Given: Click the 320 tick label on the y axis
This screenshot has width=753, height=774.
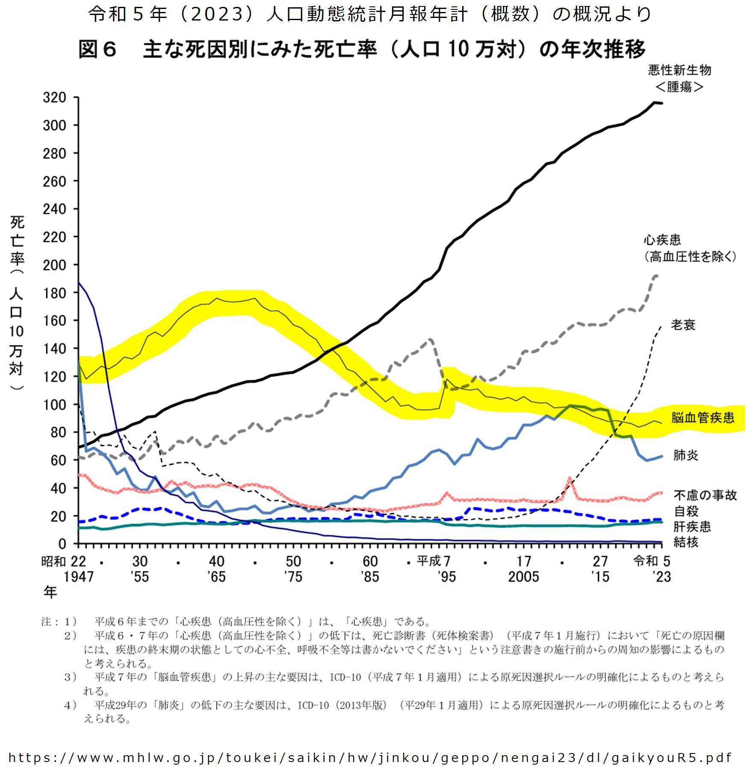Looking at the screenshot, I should point(54,97).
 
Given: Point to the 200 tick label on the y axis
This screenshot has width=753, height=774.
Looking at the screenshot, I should point(54,265).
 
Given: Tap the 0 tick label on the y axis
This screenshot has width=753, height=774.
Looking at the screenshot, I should point(62,544).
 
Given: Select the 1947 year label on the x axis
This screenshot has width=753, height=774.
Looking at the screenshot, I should point(79,576).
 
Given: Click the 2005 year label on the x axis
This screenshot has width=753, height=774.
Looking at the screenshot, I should point(523,576).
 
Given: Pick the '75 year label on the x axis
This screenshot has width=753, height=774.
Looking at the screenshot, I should point(293,576).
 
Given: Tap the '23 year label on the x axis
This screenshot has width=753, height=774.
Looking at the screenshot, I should point(661,576).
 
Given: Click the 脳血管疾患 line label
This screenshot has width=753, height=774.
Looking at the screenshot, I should point(703,417).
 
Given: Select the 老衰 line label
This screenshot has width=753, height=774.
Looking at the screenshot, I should point(683,325).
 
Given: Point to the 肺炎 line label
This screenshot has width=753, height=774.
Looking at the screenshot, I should point(685,455).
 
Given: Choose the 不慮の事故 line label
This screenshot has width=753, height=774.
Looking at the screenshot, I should point(705,495).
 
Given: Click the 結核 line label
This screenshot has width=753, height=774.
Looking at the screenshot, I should point(685,542).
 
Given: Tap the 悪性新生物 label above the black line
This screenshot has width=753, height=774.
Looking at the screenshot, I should point(679,70).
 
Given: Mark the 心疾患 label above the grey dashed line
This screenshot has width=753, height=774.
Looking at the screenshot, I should point(662,239).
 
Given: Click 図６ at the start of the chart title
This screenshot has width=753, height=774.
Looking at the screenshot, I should point(97,49).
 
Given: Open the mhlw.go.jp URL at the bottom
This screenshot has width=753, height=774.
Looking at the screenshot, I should point(370,758).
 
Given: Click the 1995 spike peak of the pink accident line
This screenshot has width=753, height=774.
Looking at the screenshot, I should point(447,493).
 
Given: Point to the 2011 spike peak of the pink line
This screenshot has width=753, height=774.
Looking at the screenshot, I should point(570,478).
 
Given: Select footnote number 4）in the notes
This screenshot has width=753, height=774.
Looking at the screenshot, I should point(70,705).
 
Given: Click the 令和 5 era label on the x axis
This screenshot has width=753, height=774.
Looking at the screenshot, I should point(652,561).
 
